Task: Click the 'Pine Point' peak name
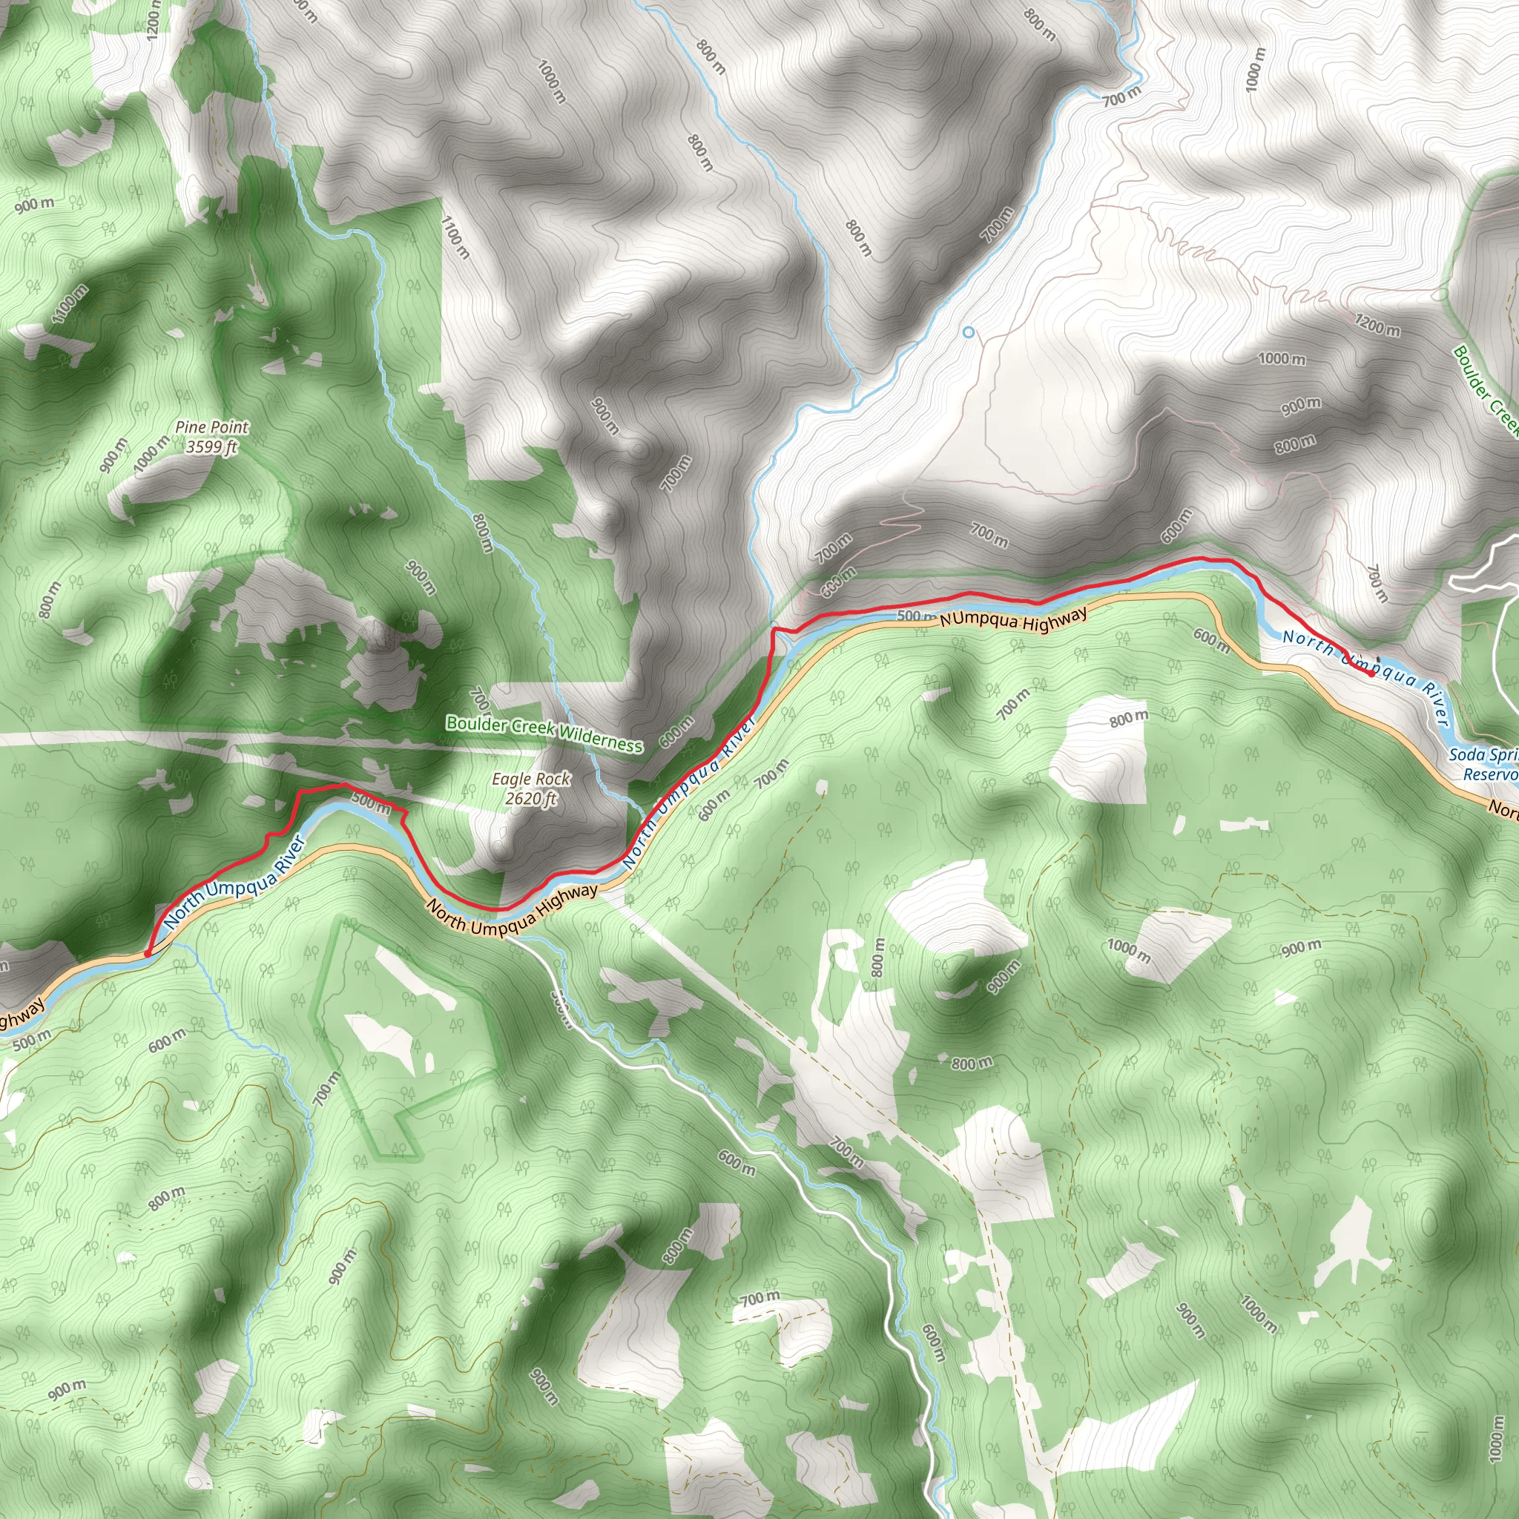tap(211, 427)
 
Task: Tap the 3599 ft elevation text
tap(211, 447)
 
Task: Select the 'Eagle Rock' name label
tap(531, 778)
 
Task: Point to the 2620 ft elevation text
tap(531, 798)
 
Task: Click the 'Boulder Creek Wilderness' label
tap(544, 733)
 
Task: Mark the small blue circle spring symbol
tap(969, 332)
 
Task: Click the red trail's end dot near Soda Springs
tap(1371, 673)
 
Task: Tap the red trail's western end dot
tap(148, 955)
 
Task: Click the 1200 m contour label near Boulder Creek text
tap(1377, 324)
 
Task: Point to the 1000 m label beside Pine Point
tap(151, 455)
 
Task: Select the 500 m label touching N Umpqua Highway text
tap(916, 616)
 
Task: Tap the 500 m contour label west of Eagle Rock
tap(370, 803)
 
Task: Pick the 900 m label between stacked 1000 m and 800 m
tap(1300, 406)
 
